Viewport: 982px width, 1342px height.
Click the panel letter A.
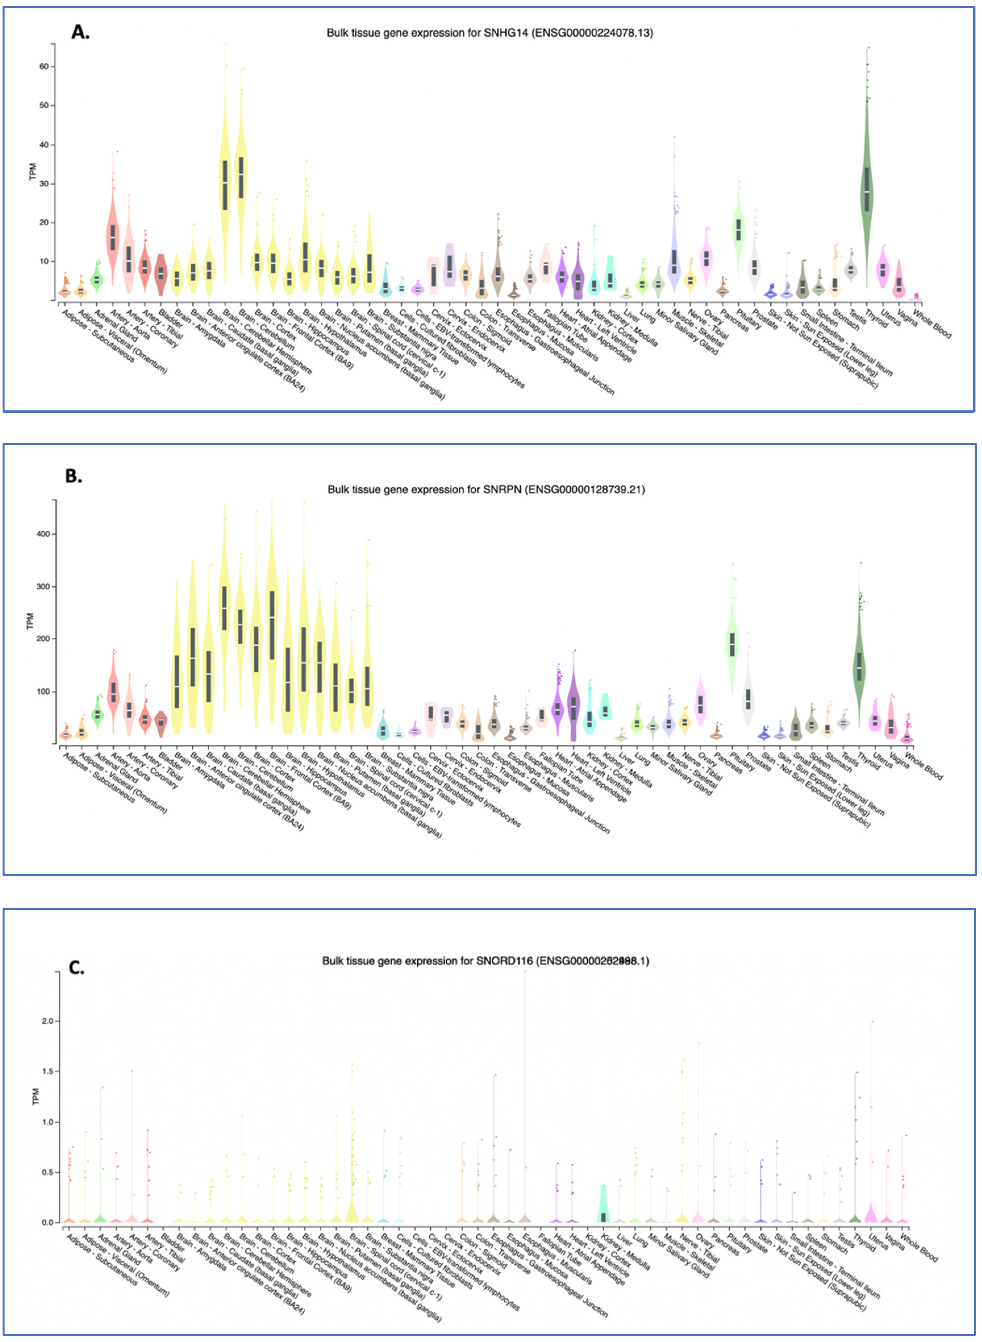[x=80, y=32]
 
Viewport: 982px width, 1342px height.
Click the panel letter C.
[x=77, y=968]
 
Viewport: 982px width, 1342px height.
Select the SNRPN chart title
[x=486, y=490]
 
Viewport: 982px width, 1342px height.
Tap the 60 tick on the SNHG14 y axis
[x=44, y=66]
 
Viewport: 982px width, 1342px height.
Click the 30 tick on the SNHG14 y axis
[x=44, y=184]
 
